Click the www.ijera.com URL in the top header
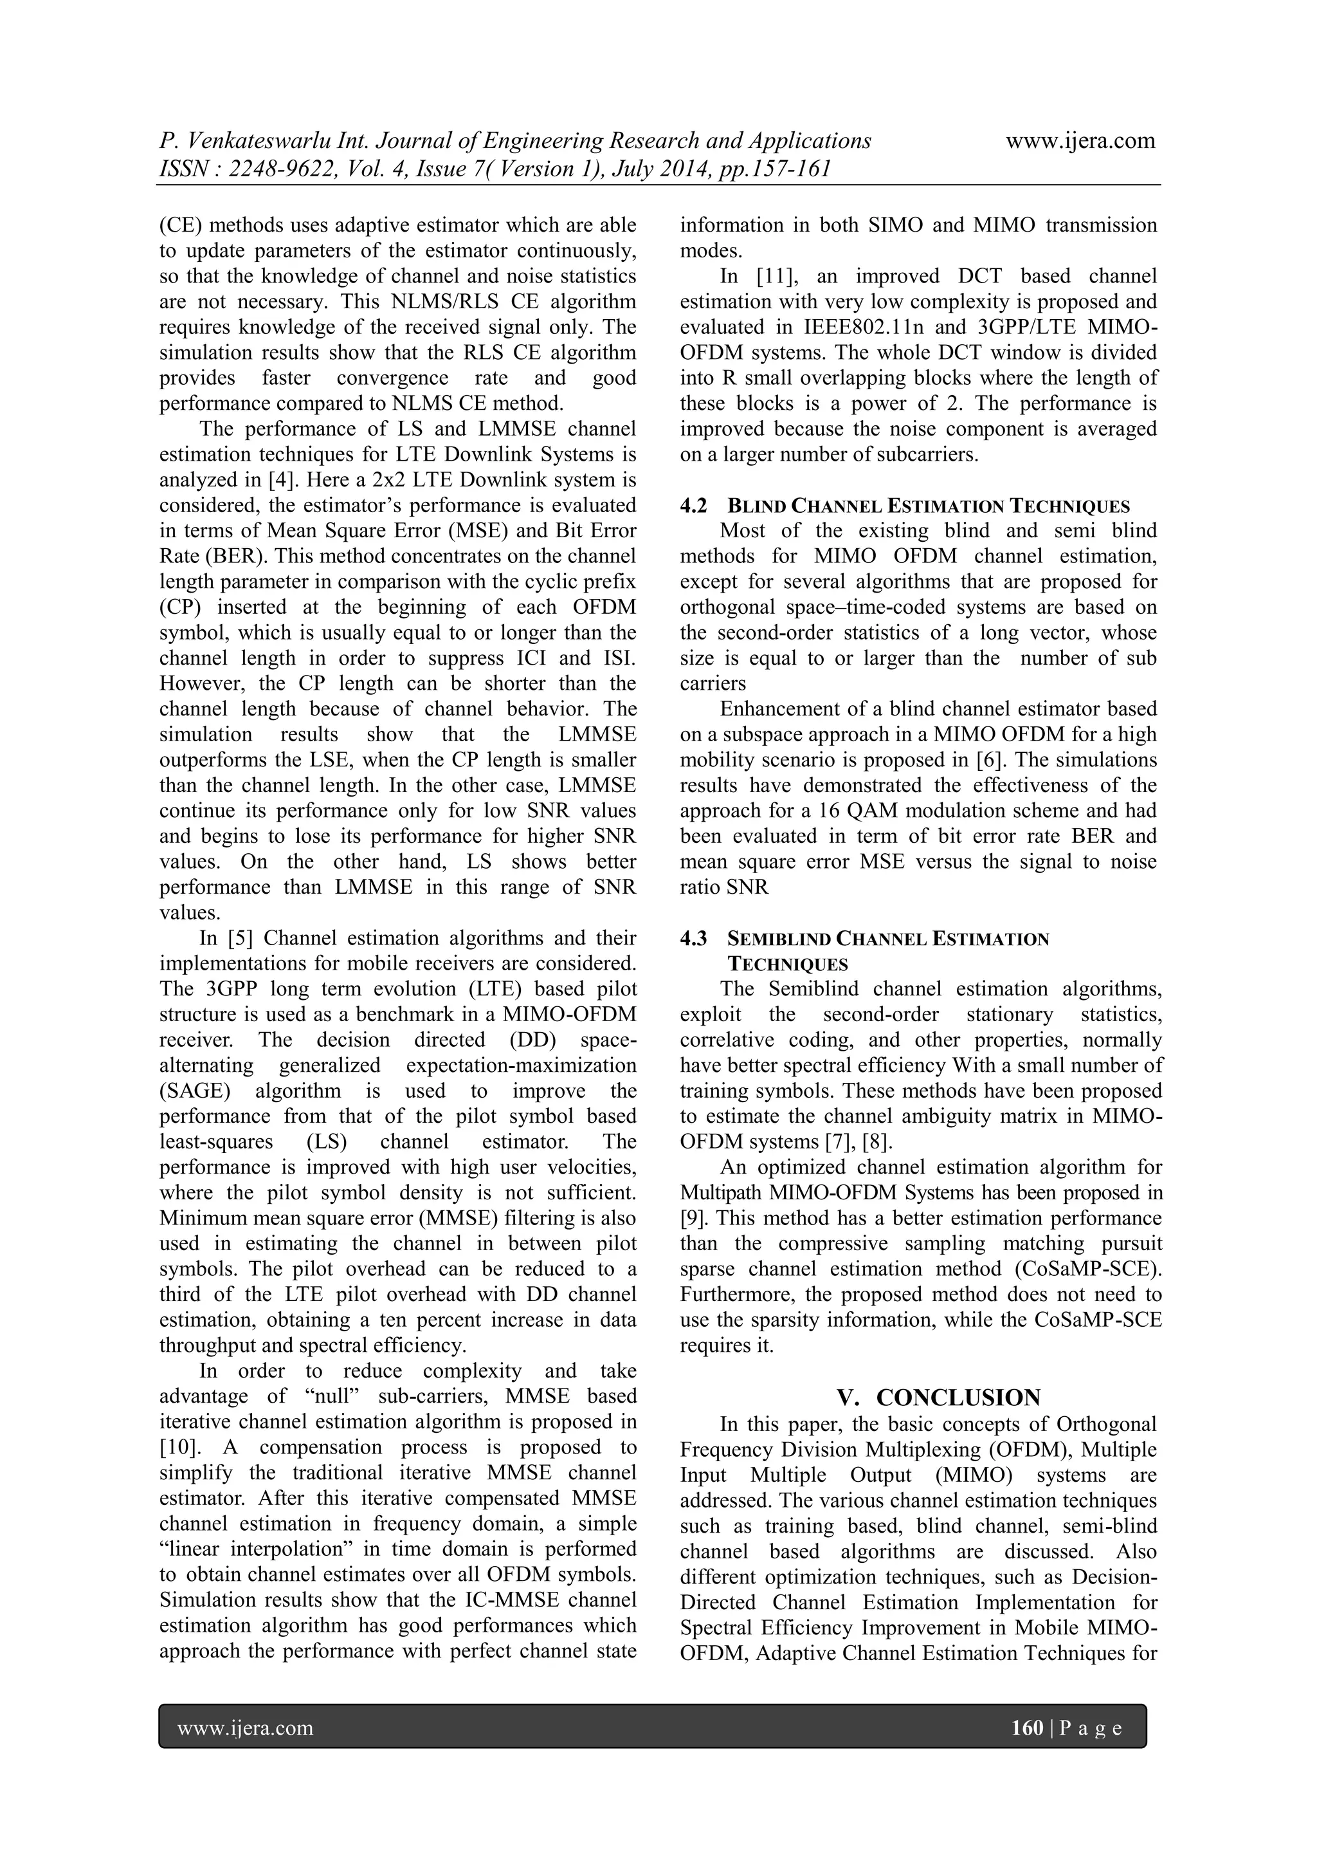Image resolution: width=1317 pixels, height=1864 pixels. tap(1080, 142)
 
